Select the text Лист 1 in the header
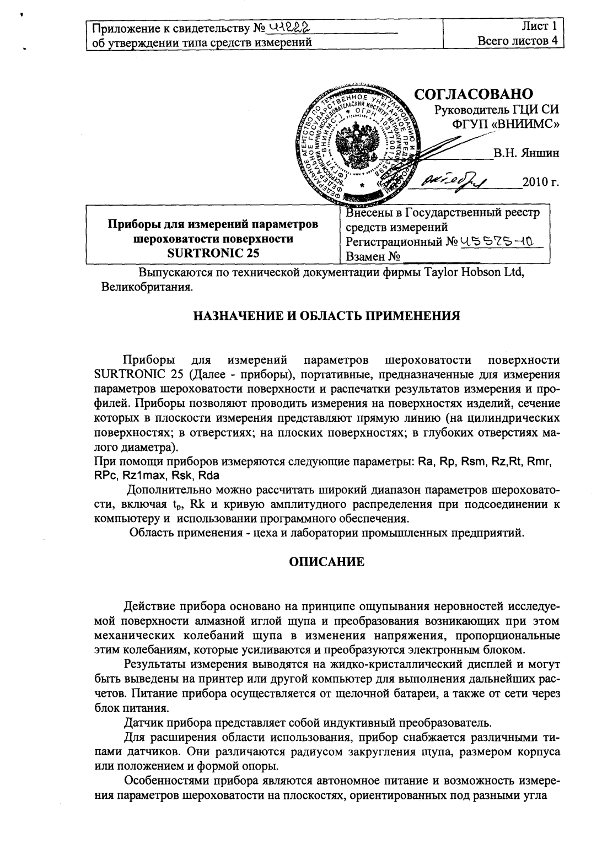(540, 26)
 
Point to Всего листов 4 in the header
(518, 40)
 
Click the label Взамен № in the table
(373, 256)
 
